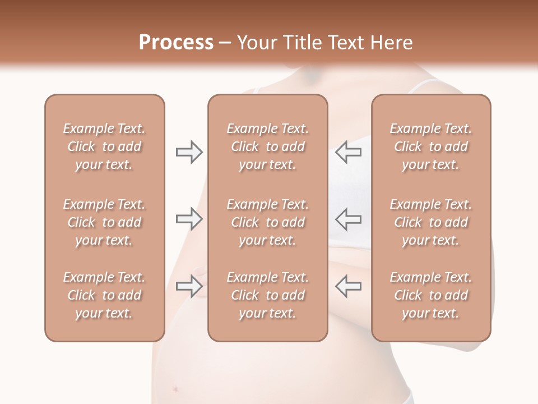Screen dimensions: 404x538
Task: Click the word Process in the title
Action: point(176,43)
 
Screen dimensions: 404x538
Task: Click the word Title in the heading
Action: point(302,43)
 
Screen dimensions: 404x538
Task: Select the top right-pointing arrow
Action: point(189,152)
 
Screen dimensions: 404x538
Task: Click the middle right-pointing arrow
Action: point(189,219)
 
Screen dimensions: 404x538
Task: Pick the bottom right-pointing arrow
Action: point(189,286)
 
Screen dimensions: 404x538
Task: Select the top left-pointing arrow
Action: point(348,152)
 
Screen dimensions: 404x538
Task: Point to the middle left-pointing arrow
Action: point(348,219)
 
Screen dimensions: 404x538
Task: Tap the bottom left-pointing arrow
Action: point(348,286)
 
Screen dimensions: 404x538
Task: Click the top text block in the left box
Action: point(104,146)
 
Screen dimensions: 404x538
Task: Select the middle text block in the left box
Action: point(104,222)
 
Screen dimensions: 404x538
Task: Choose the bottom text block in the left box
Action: point(104,295)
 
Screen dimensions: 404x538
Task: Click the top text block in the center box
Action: point(268,146)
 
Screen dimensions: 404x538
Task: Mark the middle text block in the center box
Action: point(268,222)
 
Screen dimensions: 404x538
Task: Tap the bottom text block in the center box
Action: point(268,295)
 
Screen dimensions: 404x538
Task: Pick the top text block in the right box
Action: point(431,146)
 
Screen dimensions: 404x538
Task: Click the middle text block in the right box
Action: point(431,222)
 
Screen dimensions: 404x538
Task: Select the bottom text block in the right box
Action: point(431,295)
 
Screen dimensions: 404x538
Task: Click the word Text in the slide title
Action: point(346,43)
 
